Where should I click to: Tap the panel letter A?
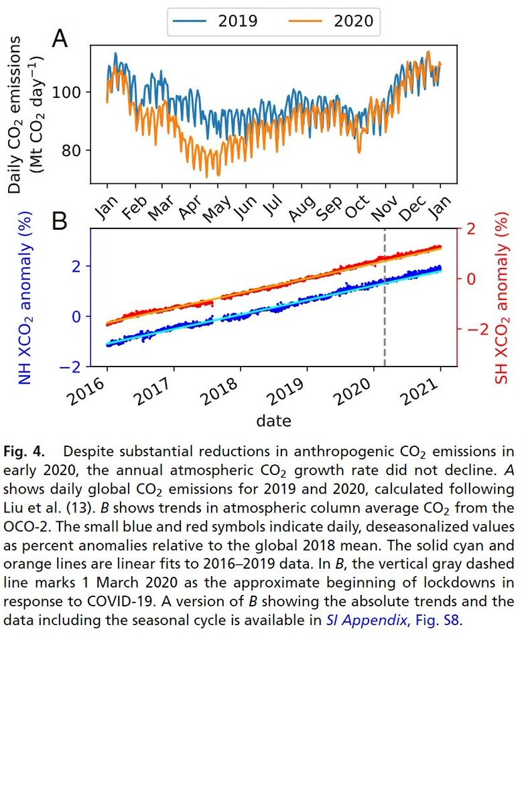[x=60, y=38]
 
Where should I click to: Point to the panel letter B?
[x=60, y=220]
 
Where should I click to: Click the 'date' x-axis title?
[x=273, y=421]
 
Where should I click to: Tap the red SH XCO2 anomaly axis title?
[x=501, y=304]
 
